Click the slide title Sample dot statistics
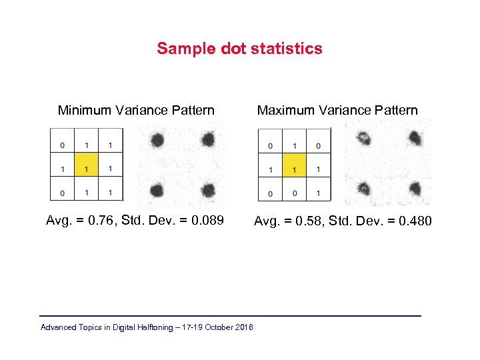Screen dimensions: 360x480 click(239, 49)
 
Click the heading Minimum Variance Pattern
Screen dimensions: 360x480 click(136, 110)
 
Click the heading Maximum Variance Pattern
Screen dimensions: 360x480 click(337, 110)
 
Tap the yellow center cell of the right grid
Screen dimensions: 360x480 click(294, 169)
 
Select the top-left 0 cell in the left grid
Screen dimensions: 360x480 click(62, 145)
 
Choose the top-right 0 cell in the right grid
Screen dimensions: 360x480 click(318, 145)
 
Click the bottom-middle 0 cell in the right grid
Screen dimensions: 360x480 click(294, 193)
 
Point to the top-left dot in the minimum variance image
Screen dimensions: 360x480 click(157, 140)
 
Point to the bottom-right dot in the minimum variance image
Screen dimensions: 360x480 click(208, 191)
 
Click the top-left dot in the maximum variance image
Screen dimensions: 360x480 click(364, 139)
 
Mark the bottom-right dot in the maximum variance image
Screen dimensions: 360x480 click(415, 189)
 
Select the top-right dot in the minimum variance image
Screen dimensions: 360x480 click(208, 140)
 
